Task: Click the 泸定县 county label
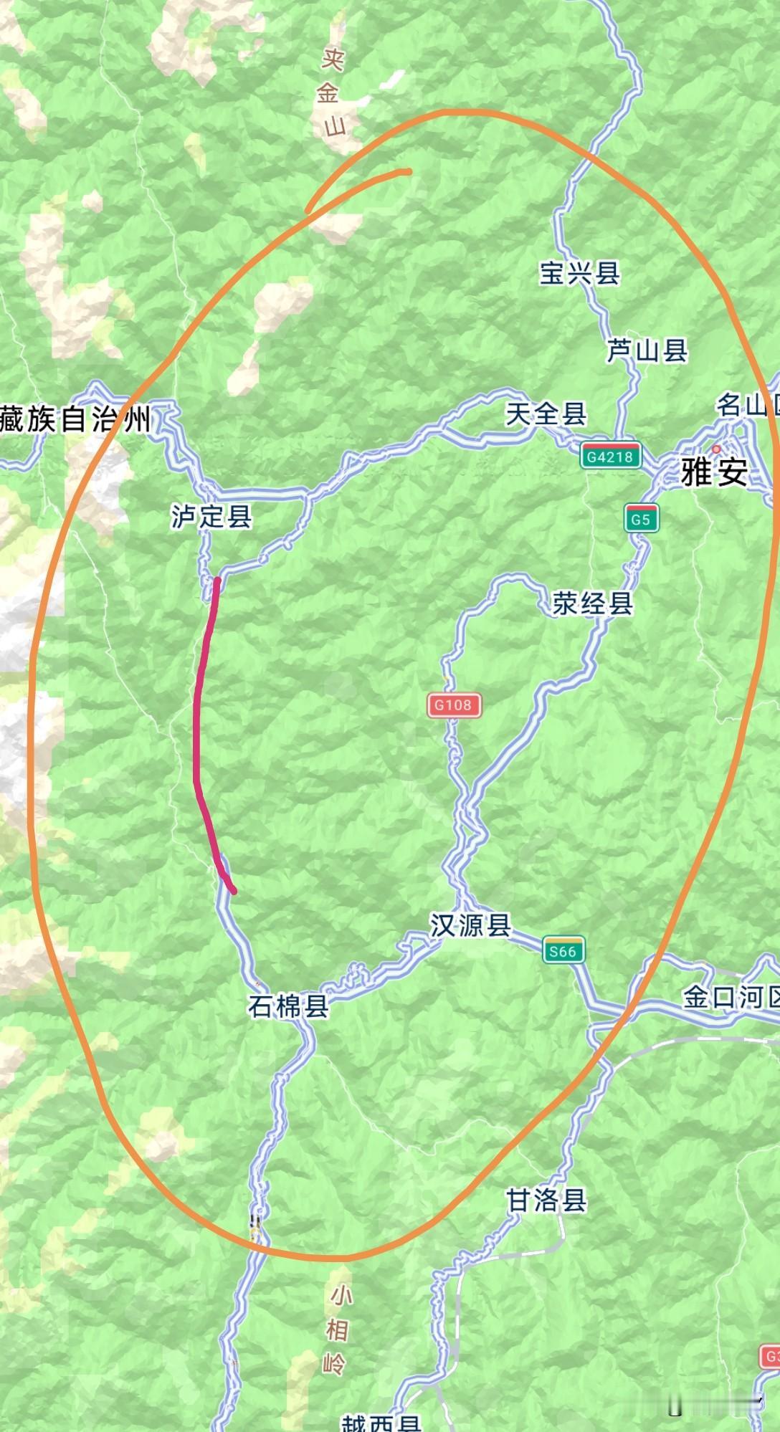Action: tap(211, 516)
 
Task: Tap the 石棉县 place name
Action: tap(288, 1006)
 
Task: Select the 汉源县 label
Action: tap(470, 925)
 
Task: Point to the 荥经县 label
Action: tap(593, 603)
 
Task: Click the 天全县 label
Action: tap(546, 414)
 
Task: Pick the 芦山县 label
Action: tap(647, 350)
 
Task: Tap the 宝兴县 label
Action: tap(579, 272)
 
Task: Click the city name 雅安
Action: tap(714, 472)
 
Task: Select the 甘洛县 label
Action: tap(546, 1200)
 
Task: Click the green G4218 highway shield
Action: tap(611, 456)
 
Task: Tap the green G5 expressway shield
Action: tap(641, 518)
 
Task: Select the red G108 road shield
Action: tap(454, 705)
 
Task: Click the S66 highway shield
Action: tap(563, 950)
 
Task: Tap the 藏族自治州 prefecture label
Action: tap(75, 419)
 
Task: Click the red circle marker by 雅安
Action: tap(716, 449)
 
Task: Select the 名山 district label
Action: tap(746, 406)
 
